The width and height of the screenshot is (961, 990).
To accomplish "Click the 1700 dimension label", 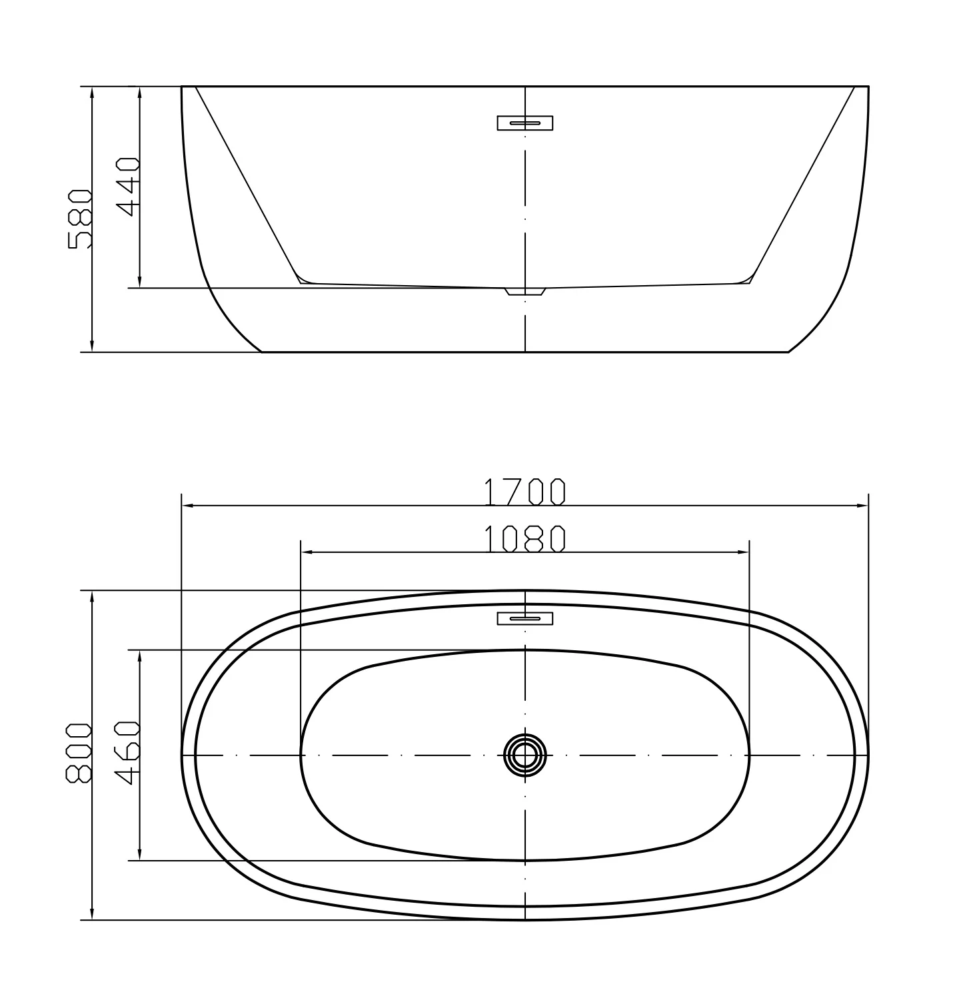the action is pos(524,492).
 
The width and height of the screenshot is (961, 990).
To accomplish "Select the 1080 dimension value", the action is pos(524,538).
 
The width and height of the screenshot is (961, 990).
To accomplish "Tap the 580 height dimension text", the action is pos(80,219).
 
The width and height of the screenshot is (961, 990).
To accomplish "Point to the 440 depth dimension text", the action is pos(127,187).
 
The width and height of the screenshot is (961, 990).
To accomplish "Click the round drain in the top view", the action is pos(524,755).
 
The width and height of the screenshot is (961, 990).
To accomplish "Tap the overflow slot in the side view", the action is pos(524,123).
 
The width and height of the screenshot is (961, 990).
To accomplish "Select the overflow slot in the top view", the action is pos(524,618).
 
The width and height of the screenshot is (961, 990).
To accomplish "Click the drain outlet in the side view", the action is pos(524,292).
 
